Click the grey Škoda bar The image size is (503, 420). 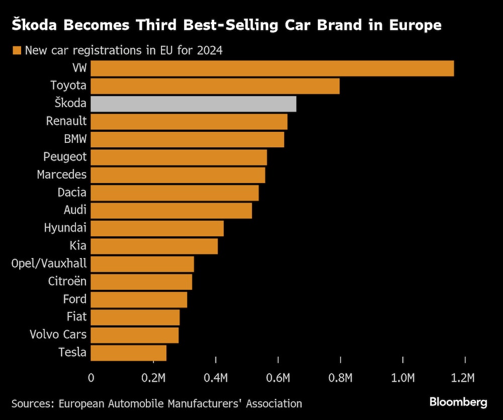pyautogui.click(x=193, y=104)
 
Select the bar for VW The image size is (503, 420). pyautogui.click(x=272, y=68)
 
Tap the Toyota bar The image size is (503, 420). pyautogui.click(x=215, y=86)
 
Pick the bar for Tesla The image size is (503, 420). pyautogui.click(x=128, y=353)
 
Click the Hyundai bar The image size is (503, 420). pyautogui.click(x=157, y=228)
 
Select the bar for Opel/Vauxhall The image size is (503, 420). pyautogui.click(x=142, y=264)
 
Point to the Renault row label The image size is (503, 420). pyautogui.click(x=66, y=121)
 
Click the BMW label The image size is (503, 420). pyautogui.click(x=75, y=139)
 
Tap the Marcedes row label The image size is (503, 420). pyautogui.click(x=61, y=175)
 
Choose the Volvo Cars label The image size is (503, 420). pyautogui.click(x=58, y=334)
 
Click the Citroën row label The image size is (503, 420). pyautogui.click(x=67, y=281)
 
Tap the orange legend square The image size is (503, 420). pyautogui.click(x=17, y=50)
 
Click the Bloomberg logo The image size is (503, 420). pyautogui.click(x=458, y=402)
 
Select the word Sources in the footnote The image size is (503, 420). pyautogui.click(x=32, y=403)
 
